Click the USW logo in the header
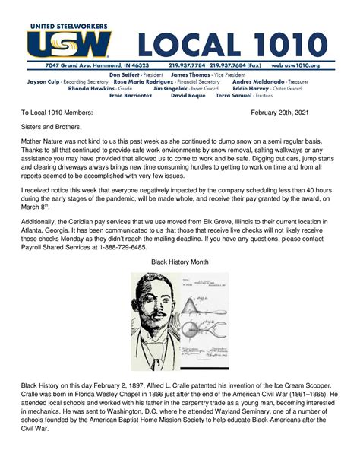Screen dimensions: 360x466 pos(69,43)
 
